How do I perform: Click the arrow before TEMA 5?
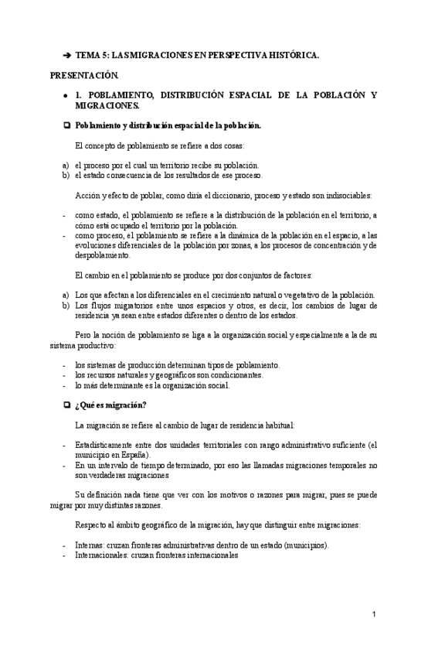tap(66, 56)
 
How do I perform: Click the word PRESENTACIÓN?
tap(85, 76)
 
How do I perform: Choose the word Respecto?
tap(92, 524)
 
